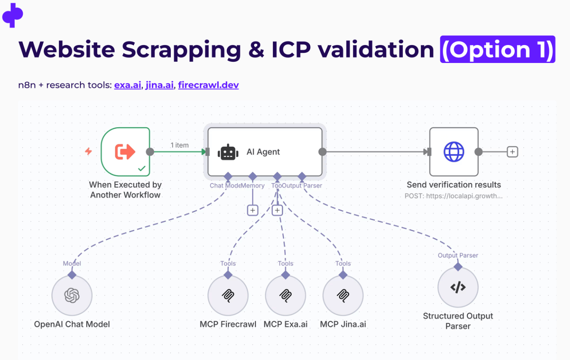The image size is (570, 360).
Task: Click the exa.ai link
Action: [x=127, y=85]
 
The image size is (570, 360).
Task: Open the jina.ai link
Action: [x=159, y=85]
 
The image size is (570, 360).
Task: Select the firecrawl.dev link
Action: [x=208, y=85]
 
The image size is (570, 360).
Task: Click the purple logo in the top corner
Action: [x=13, y=15]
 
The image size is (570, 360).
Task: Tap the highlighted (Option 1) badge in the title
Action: [x=497, y=50]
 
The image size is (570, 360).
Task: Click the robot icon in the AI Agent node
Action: [x=228, y=152]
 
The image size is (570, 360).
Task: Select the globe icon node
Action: [x=454, y=152]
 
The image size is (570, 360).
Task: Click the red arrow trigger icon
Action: [x=125, y=152]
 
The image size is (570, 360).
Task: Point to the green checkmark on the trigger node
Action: [x=142, y=168]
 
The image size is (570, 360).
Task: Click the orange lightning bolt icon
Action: [x=88, y=152]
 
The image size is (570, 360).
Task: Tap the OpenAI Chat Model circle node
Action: [x=72, y=295]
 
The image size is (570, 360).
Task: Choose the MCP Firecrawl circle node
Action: [x=228, y=295]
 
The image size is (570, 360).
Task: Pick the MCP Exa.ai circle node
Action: [x=285, y=295]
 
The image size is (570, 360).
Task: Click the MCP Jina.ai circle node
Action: [x=343, y=295]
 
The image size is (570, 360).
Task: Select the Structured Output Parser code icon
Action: [x=458, y=287]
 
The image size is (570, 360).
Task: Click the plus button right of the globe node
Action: [x=512, y=152]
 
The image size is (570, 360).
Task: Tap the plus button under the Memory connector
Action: [x=252, y=210]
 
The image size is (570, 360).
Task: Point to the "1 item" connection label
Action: [x=179, y=145]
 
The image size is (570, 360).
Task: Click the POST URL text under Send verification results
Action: [x=453, y=196]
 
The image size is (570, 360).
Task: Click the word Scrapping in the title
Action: [x=181, y=50]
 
